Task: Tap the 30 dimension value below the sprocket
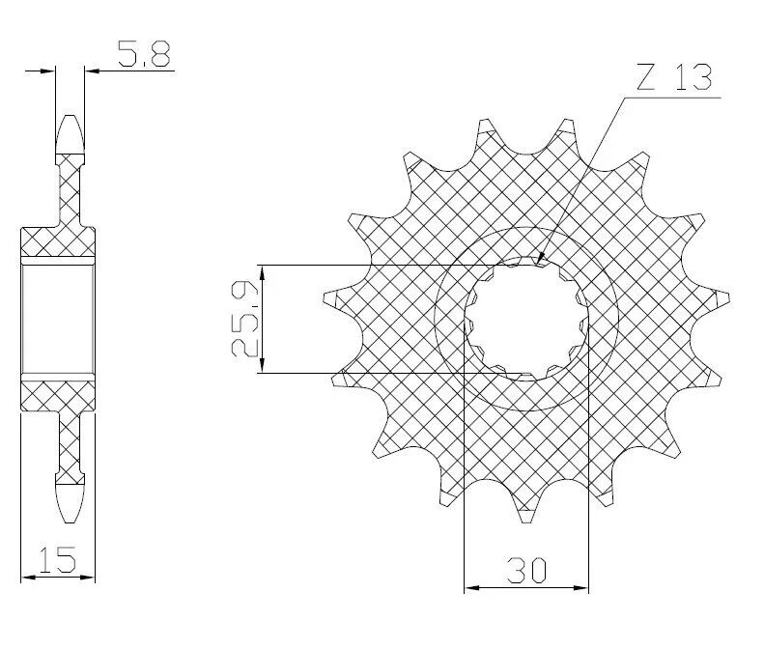click(x=526, y=570)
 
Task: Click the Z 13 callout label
click(x=675, y=77)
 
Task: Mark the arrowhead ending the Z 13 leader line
click(x=541, y=259)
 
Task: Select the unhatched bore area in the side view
click(x=58, y=318)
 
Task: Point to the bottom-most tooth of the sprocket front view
click(x=527, y=512)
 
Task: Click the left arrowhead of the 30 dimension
click(x=470, y=586)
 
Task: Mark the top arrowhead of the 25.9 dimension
click(x=263, y=271)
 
